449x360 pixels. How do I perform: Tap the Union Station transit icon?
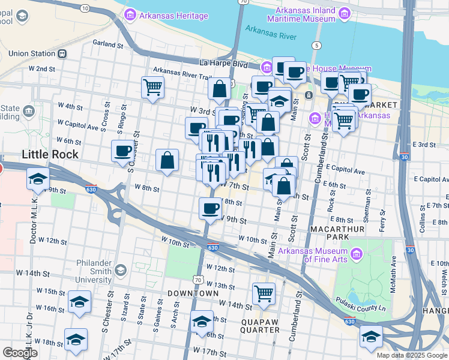61,53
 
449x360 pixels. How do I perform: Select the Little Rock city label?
50,154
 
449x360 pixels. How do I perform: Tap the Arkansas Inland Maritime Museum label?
306,15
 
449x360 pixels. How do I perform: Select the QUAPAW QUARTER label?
261,326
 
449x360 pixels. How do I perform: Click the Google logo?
20,353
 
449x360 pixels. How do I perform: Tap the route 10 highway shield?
85,8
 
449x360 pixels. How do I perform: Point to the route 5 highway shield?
316,46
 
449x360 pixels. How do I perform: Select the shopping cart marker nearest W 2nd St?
152,86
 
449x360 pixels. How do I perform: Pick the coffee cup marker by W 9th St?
210,208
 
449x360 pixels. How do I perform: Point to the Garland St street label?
107,44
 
